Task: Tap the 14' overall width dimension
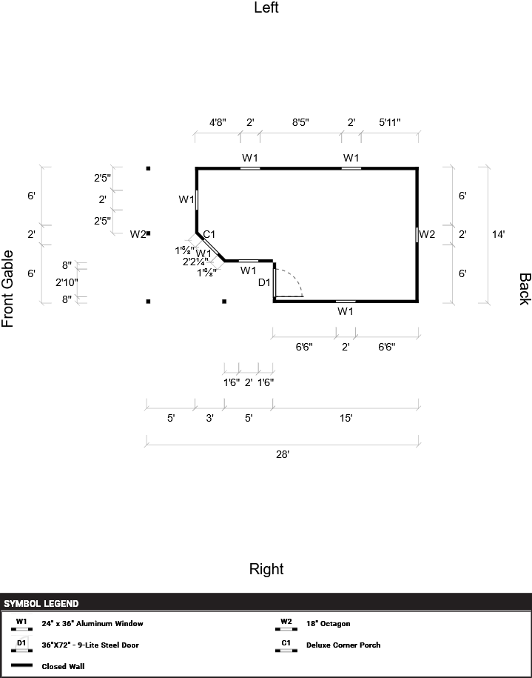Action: point(499,234)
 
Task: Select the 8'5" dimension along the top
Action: point(300,122)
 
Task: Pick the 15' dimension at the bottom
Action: point(346,418)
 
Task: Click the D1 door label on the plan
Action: point(264,282)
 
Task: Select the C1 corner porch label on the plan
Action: point(209,235)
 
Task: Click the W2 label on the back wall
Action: point(427,234)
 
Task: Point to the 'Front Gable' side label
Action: point(8,288)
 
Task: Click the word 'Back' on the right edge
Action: point(524,289)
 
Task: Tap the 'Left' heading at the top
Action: point(266,8)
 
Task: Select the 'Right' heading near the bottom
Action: point(266,569)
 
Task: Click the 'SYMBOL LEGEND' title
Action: point(41,603)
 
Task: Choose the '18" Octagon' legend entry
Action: point(329,624)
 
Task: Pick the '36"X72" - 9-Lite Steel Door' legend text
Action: point(90,645)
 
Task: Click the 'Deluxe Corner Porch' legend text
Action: point(343,645)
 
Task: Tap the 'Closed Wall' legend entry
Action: point(62,665)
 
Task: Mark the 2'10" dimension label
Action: point(67,282)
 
